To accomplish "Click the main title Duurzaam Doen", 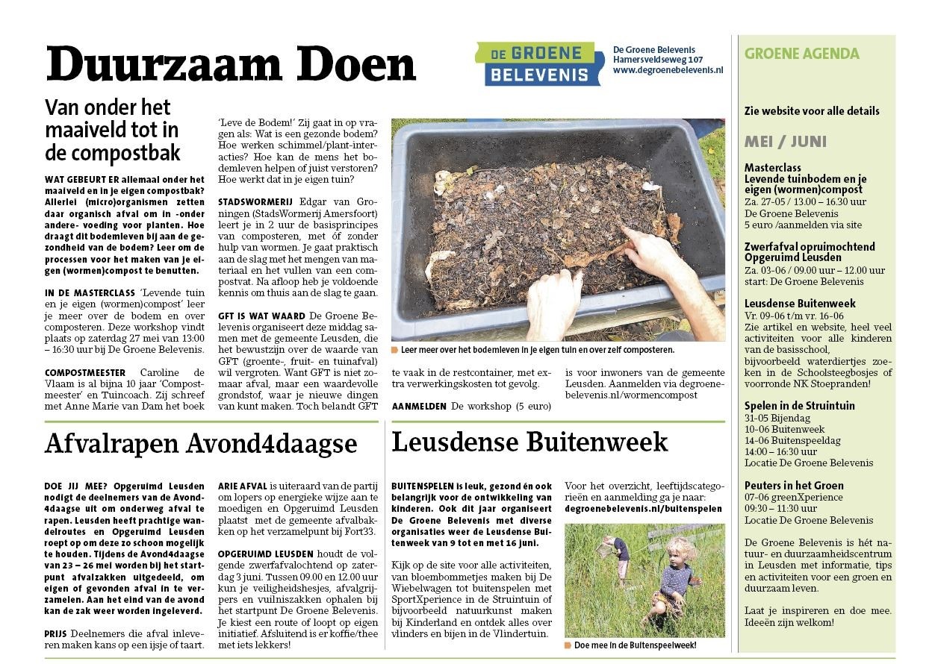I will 230,65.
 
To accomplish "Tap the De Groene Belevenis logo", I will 538,64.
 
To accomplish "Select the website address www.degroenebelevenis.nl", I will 668,70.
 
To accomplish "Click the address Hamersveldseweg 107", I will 658,60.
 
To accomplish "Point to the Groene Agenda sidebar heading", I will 801,54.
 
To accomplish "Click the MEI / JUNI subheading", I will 785,142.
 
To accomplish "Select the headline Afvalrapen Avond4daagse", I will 201,443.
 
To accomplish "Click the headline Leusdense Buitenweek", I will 529,442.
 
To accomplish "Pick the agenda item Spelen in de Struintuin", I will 799,406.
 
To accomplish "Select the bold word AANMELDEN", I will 419,407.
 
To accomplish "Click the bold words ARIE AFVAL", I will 242,486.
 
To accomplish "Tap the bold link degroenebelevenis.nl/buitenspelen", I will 643,508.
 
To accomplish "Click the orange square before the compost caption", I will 394,349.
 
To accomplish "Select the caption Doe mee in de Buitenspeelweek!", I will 635,645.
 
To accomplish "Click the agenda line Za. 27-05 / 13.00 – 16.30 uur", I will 805,201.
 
